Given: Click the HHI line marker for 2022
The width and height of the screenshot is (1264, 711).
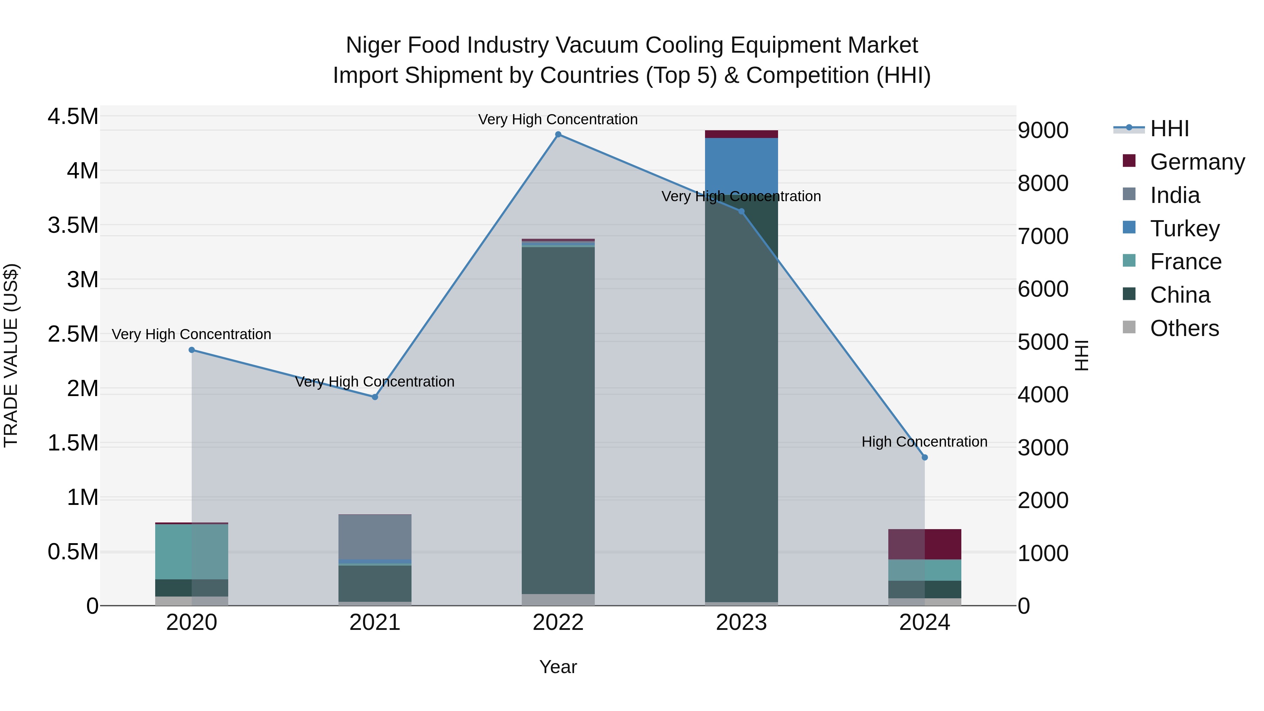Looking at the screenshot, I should [558, 134].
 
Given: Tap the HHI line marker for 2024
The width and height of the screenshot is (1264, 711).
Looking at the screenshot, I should [924, 457].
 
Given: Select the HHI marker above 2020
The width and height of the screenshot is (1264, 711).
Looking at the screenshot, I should [192, 350].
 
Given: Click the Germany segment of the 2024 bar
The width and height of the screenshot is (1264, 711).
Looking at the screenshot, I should [924, 544].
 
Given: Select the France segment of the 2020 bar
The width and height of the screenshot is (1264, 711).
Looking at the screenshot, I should [192, 552].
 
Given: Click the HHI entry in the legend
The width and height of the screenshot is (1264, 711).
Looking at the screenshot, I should [1169, 129].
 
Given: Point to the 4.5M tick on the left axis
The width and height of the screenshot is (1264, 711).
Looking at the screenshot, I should [73, 117].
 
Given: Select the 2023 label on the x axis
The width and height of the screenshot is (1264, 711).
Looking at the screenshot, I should [741, 623].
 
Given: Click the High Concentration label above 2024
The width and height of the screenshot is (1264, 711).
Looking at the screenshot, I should [924, 442].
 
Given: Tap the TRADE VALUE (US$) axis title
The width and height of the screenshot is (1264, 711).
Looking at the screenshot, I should [11, 355].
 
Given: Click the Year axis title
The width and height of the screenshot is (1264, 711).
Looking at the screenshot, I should [558, 667].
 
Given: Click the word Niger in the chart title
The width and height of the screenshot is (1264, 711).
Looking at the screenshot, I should [373, 45].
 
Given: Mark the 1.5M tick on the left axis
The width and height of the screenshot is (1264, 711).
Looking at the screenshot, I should [73, 443].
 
